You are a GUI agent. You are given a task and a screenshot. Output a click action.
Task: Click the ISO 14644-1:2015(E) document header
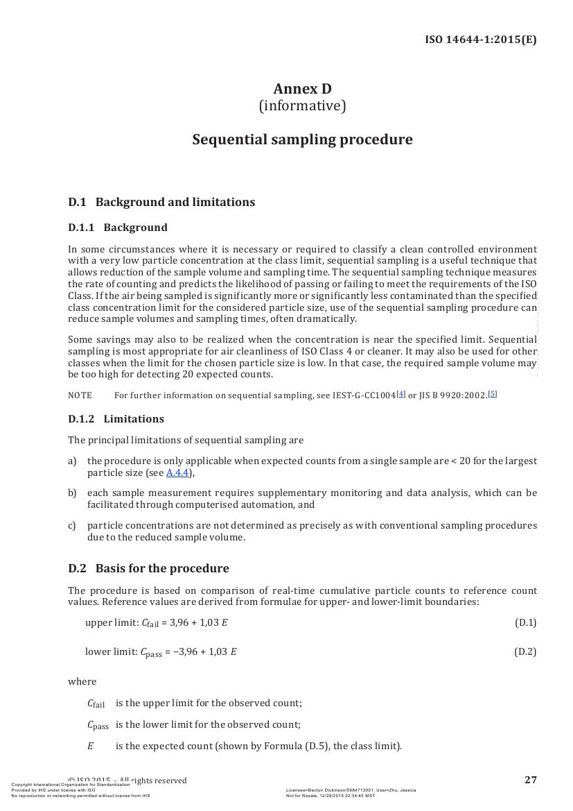pyautogui.click(x=480, y=40)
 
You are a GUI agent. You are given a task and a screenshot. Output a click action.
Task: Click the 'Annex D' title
pyautogui.click(x=302, y=89)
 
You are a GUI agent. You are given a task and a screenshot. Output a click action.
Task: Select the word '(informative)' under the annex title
pyautogui.click(x=302, y=106)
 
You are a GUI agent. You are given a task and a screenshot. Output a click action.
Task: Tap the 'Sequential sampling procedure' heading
pyautogui.click(x=302, y=139)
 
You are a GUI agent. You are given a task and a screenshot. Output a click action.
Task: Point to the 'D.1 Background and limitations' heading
pyautogui.click(x=161, y=202)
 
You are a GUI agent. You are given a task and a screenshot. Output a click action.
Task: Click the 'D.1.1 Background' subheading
pyautogui.click(x=118, y=228)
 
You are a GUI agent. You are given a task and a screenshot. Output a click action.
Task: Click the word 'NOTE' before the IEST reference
pyautogui.click(x=80, y=395)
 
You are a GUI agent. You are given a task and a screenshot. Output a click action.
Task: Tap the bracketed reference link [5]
pyautogui.click(x=492, y=393)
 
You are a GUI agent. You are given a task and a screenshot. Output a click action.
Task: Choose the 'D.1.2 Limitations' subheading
pyautogui.click(x=116, y=419)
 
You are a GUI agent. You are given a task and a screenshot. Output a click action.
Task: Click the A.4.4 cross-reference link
pyautogui.click(x=178, y=473)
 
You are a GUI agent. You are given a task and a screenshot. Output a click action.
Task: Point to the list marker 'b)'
pyautogui.click(x=72, y=493)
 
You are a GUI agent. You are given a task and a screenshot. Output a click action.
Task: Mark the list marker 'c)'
pyautogui.click(x=72, y=525)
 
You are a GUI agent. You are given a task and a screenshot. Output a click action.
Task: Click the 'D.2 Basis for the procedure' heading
pyautogui.click(x=148, y=568)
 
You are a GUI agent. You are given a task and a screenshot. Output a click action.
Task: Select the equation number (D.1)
pyautogui.click(x=525, y=622)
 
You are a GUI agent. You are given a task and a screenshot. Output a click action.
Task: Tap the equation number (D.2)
pyautogui.click(x=525, y=651)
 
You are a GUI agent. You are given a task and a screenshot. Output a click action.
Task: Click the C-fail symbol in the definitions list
pyautogui.click(x=96, y=703)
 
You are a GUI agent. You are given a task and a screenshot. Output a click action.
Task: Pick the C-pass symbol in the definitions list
pyautogui.click(x=98, y=725)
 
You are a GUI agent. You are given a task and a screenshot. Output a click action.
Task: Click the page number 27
pyautogui.click(x=531, y=780)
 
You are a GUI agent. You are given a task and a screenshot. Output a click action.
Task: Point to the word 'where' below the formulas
pyautogui.click(x=82, y=681)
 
